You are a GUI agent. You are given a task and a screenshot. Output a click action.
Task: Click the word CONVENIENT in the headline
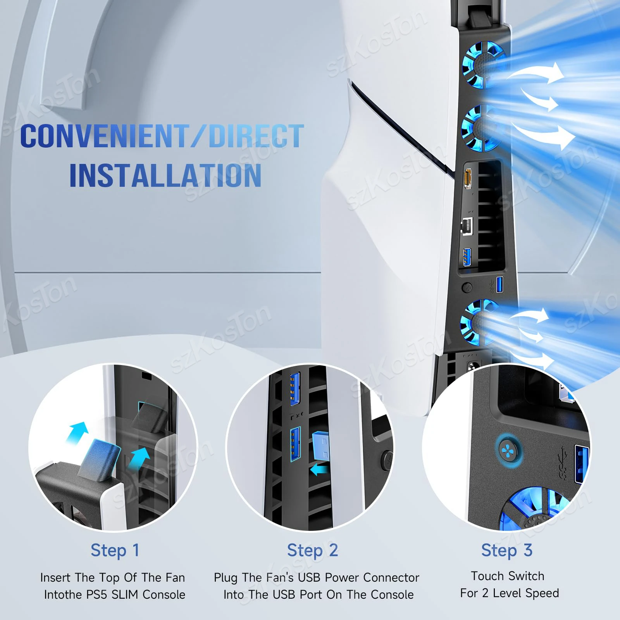104,136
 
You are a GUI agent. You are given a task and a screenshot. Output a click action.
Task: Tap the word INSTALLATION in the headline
165,176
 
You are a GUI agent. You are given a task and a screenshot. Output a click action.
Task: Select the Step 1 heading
115,550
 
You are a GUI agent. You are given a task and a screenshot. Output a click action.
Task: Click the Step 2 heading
312,550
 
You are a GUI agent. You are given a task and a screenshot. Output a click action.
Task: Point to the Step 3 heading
506,550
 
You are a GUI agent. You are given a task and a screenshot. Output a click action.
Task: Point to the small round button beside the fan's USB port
468,288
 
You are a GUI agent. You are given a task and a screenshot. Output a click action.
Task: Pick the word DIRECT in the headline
256,136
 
